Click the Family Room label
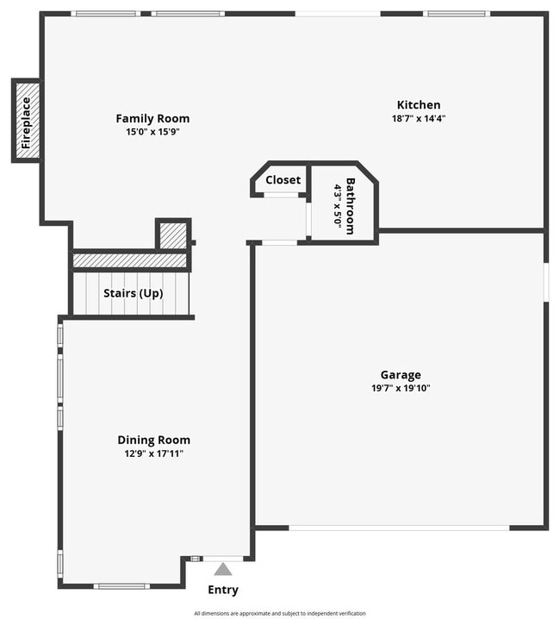coord(152,119)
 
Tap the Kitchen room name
coord(418,105)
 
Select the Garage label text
coord(401,375)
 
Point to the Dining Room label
coord(153,440)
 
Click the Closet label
coord(283,180)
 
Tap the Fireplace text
coord(26,122)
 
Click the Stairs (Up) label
coord(134,293)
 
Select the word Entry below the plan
coord(223,591)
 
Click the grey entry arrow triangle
coord(223,569)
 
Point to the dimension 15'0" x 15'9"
coord(152,132)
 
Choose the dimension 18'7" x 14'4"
coord(418,119)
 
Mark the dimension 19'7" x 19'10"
coord(401,388)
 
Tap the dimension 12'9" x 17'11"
coord(153,453)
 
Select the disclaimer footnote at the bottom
coord(280,613)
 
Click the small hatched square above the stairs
coord(173,234)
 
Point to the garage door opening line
coord(400,528)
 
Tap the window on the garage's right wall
coord(545,282)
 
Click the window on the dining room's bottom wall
coord(121,586)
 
